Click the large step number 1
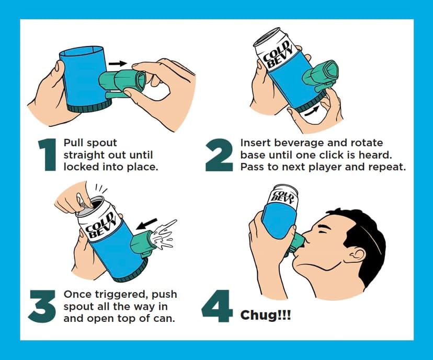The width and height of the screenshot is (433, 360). click(x=48, y=155)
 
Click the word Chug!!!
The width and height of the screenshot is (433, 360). click(x=265, y=316)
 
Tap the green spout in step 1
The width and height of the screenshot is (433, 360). click(x=123, y=83)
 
